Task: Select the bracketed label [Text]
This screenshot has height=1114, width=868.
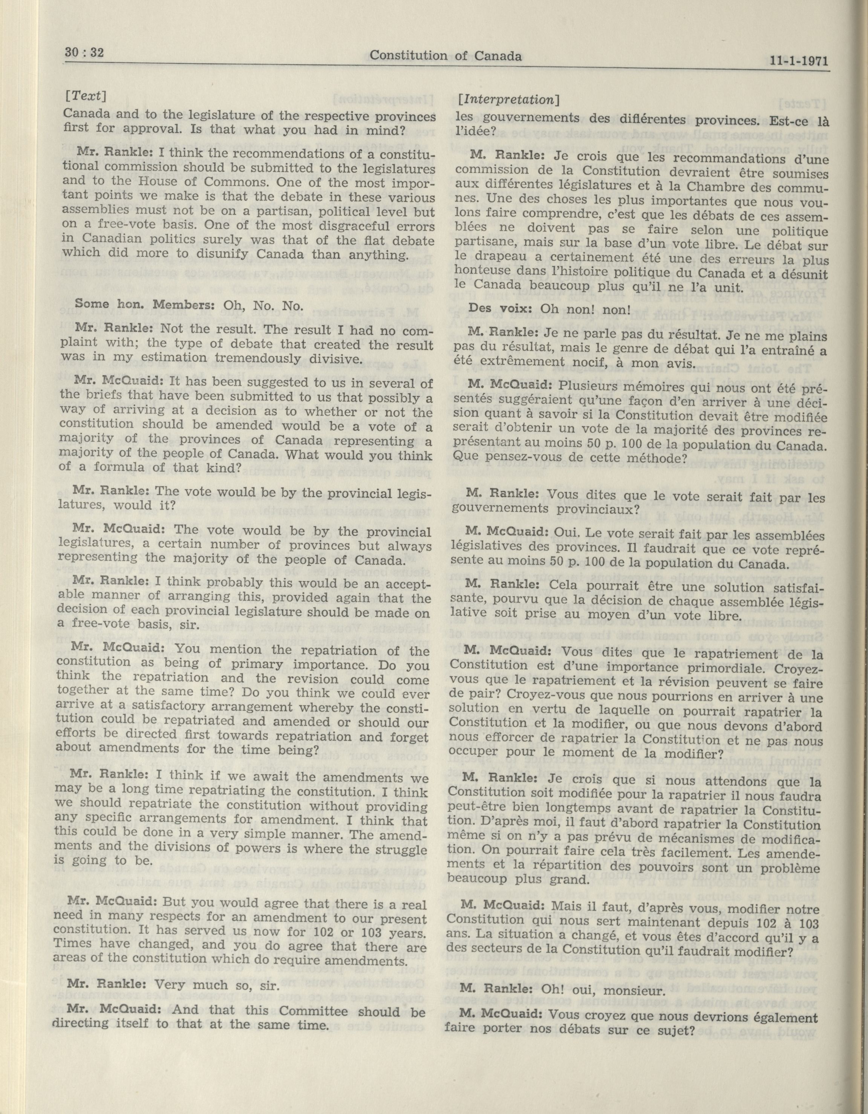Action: pos(85,95)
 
